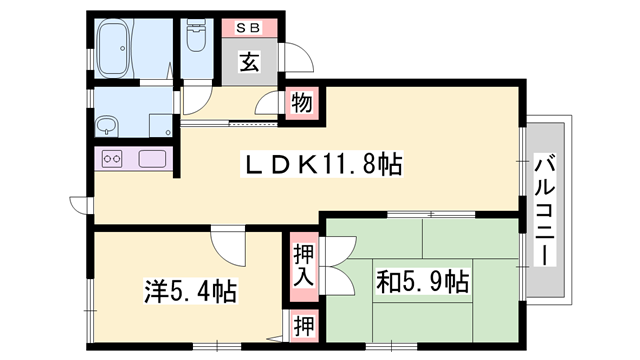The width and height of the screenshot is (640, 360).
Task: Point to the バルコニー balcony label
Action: [x=545, y=210]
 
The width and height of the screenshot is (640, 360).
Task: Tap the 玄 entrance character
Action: [x=248, y=64]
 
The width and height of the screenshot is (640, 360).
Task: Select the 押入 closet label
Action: [x=303, y=266]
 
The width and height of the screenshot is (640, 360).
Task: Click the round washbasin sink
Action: [x=107, y=126]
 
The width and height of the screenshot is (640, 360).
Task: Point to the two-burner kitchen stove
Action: [x=112, y=158]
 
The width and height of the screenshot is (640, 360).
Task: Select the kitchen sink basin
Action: [x=151, y=158]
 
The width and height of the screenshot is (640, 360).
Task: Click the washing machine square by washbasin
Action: [x=160, y=126]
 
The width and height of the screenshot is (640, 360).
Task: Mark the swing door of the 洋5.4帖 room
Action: [x=227, y=243]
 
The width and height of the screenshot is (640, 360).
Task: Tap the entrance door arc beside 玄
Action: [x=296, y=57]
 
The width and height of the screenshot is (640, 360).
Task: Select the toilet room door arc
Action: [x=196, y=97]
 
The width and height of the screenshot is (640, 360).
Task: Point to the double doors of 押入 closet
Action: [x=339, y=262]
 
